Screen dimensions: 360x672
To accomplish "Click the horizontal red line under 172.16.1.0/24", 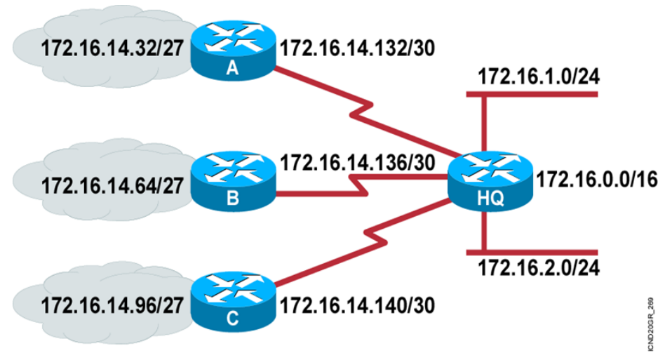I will [540, 95].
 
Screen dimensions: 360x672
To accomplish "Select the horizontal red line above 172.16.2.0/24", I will [540, 251].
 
